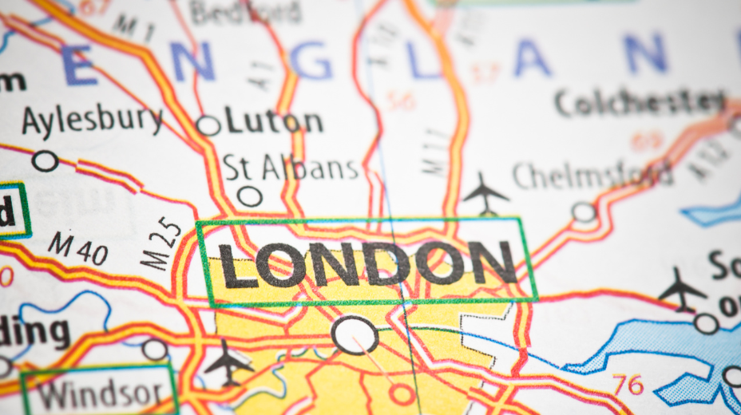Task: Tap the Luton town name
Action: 274,121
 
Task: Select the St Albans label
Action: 291,168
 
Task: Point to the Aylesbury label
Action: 92,120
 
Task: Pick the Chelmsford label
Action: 592,174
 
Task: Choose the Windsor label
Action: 101,393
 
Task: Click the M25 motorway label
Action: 157,243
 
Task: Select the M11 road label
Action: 434,151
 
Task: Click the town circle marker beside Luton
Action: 208,125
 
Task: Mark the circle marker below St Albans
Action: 250,196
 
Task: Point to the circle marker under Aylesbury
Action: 45,160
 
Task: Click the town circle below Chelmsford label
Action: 584,211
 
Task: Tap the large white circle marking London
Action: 355,334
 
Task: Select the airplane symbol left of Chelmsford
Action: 485,194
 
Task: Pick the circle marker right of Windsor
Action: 155,350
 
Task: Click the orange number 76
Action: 628,385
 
